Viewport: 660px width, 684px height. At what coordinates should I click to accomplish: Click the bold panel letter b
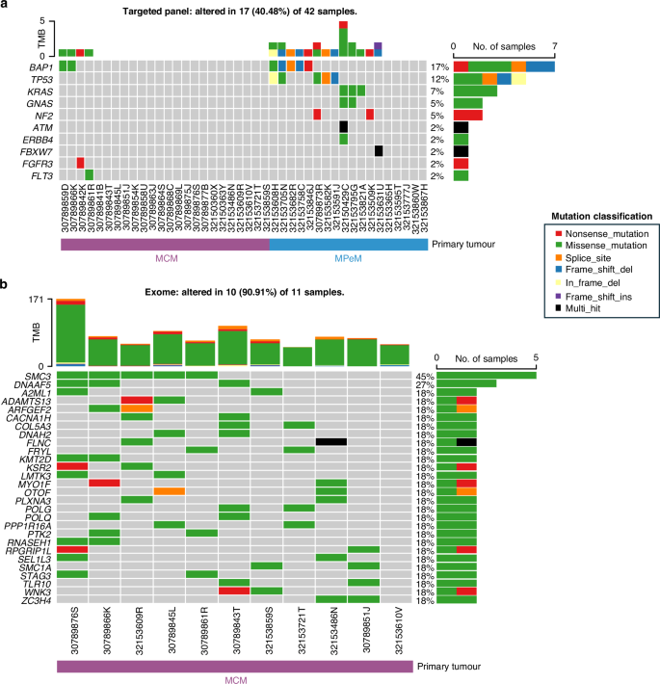(x=5, y=286)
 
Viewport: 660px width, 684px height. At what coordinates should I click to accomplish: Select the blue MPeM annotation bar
(x=349, y=246)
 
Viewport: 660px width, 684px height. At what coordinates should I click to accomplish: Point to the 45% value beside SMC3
(x=425, y=376)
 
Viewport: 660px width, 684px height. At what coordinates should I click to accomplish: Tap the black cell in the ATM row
(x=344, y=125)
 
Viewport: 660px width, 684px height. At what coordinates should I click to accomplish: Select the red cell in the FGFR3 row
(x=80, y=162)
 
